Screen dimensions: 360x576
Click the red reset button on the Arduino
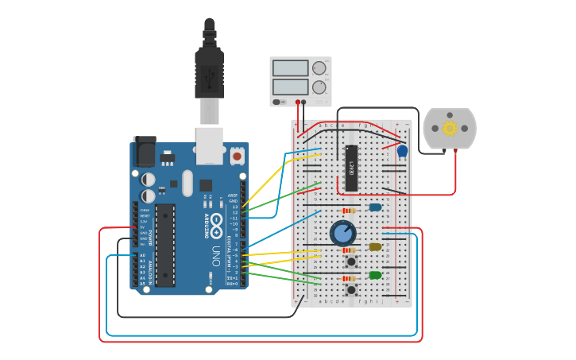coord(237,156)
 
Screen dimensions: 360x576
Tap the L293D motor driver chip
coord(351,168)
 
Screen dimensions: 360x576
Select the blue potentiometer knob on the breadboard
coord(342,233)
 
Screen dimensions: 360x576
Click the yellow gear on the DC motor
coord(450,128)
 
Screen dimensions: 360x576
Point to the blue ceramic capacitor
coord(402,150)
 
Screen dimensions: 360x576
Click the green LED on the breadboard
coord(375,275)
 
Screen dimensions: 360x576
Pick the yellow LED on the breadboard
coord(375,246)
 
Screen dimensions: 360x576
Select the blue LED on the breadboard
coord(375,207)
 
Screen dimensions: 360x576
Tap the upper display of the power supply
coord(290,69)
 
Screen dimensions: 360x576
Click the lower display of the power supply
coord(290,87)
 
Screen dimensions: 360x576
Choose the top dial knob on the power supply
coord(319,68)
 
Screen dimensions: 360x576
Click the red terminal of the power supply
coord(298,102)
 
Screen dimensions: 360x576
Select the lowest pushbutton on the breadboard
coord(350,290)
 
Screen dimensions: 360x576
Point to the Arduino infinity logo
coord(216,223)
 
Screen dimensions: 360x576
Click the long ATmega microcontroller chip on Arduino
coord(164,245)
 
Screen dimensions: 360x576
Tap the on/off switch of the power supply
coord(277,102)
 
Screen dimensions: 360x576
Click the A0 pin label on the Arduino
coord(143,255)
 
